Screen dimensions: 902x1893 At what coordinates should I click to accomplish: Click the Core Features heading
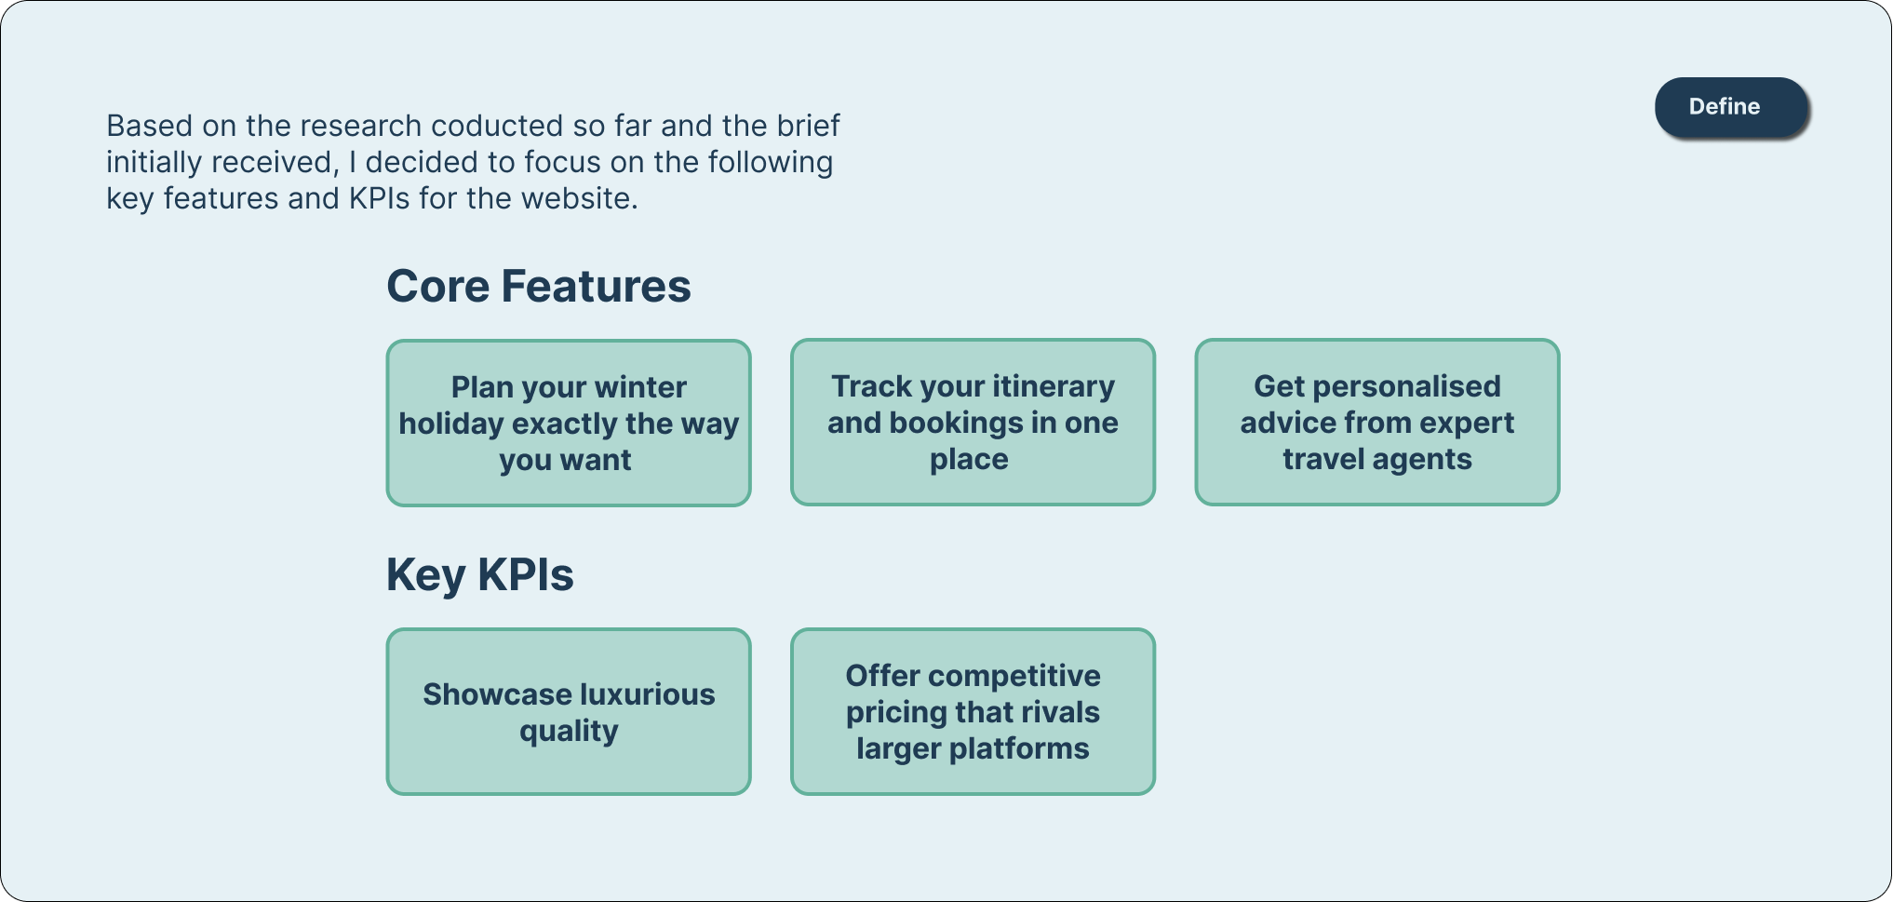click(538, 286)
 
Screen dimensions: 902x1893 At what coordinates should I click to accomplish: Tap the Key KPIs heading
click(479, 574)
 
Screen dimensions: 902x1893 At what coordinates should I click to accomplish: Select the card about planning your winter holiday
click(568, 423)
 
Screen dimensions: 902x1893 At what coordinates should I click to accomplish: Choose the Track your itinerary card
click(973, 423)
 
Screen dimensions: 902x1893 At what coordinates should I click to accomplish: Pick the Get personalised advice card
click(1376, 423)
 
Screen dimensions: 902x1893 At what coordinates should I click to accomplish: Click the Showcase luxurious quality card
click(568, 711)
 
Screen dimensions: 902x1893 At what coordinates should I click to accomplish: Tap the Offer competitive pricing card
click(973, 711)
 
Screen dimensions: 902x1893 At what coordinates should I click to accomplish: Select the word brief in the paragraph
click(809, 126)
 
